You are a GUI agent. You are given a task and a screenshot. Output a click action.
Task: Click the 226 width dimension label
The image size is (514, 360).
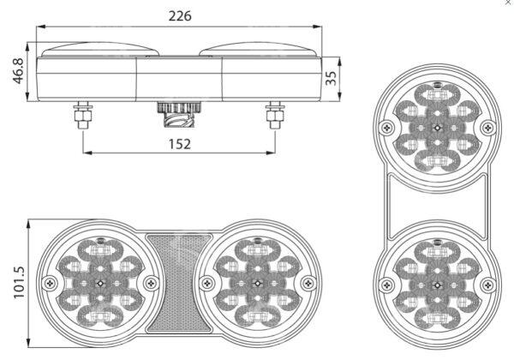(180, 15)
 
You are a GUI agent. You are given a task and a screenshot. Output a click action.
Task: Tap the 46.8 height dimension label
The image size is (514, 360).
(18, 71)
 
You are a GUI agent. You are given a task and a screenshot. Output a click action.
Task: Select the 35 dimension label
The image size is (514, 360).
(331, 78)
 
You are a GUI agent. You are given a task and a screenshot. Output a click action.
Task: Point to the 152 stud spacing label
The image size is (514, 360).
(180, 144)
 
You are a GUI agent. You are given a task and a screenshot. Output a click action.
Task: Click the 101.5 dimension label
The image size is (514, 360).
(19, 282)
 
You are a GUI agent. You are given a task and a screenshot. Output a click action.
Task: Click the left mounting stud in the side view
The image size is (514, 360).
(82, 115)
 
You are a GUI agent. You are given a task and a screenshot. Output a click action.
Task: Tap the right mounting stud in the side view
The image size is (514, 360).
(275, 115)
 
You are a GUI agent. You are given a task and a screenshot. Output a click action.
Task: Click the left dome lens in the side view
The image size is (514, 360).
(100, 50)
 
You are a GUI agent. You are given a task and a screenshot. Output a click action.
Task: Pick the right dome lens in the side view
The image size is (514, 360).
(258, 50)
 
